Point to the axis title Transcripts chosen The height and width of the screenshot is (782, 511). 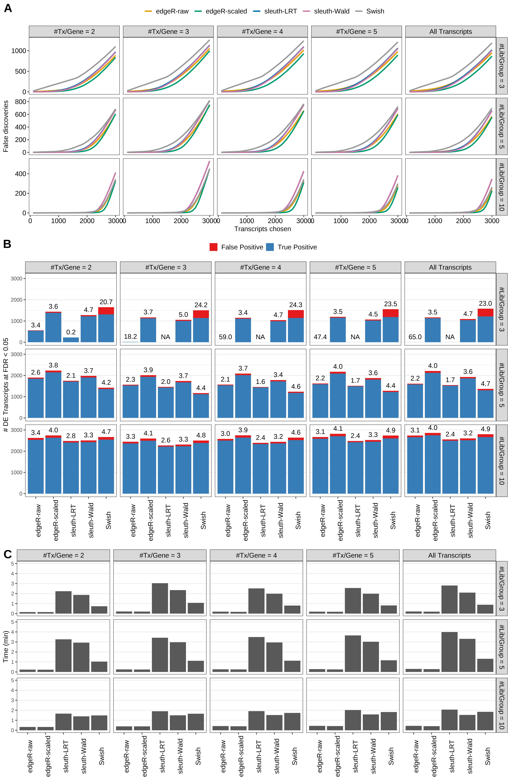tap(262, 229)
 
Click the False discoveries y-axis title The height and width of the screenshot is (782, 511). tap(6, 126)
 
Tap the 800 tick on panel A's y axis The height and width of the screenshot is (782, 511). tap(20, 102)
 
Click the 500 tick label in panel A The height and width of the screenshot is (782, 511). tap(20, 71)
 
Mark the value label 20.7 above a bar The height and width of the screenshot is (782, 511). tap(106, 302)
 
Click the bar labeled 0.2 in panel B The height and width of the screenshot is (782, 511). tap(71, 340)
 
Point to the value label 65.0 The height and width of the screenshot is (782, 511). tap(415, 337)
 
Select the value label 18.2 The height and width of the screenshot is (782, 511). tap(130, 337)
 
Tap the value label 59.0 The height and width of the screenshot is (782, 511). tap(225, 337)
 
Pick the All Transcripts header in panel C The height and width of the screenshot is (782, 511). tap(449, 555)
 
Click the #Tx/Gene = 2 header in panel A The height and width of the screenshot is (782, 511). tap(74, 32)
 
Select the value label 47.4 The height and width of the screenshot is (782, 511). tap(320, 337)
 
